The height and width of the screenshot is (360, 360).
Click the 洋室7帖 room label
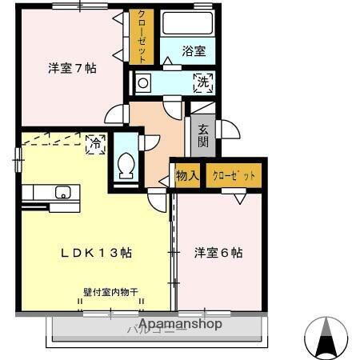[x=72, y=69]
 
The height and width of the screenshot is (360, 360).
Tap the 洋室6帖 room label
[x=218, y=253]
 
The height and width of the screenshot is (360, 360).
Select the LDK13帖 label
[x=97, y=253]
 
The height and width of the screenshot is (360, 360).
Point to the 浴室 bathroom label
[x=193, y=51]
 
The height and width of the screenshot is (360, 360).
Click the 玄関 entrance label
[x=203, y=136]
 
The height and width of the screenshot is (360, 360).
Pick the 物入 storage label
[x=186, y=175]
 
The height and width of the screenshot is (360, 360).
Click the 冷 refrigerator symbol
[x=95, y=144]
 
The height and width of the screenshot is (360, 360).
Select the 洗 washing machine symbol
[x=203, y=81]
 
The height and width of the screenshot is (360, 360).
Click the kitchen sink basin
[x=62, y=192]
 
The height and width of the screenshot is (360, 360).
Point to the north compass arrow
[x=326, y=336]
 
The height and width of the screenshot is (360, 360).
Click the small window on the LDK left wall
[x=17, y=159]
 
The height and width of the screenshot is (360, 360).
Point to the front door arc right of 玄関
[x=227, y=128]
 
